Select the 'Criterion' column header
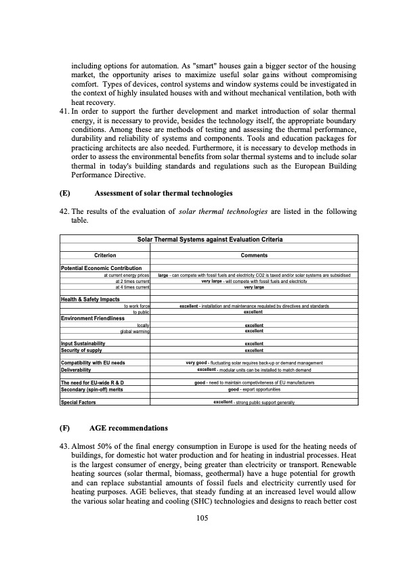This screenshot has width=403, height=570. click(x=105, y=255)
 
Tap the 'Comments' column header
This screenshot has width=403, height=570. click(x=254, y=255)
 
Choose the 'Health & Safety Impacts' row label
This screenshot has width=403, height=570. click(x=90, y=299)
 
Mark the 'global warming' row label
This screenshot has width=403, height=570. click(x=135, y=331)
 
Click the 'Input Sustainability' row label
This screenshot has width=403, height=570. click(x=83, y=343)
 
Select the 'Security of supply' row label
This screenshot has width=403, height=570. click(x=82, y=350)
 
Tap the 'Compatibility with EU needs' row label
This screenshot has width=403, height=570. click(x=93, y=364)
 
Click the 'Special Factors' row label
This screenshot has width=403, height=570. click(x=79, y=402)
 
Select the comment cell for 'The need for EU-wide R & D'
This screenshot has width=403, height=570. click(x=254, y=383)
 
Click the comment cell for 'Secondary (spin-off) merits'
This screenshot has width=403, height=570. click(x=254, y=390)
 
